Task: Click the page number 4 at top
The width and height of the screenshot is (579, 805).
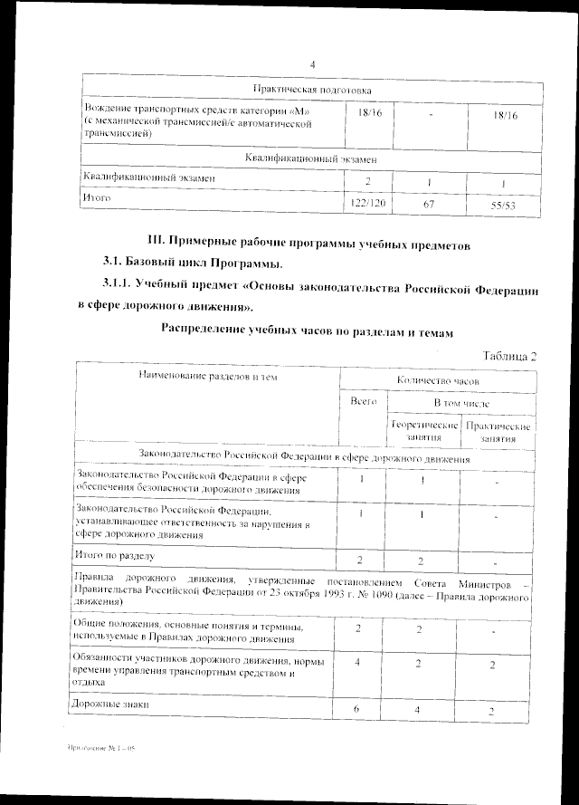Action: pyautogui.click(x=311, y=63)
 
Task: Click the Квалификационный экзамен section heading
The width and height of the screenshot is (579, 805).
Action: pyautogui.click(x=311, y=158)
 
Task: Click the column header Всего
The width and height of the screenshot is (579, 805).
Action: pyautogui.click(x=364, y=400)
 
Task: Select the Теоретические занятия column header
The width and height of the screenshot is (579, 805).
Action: pyautogui.click(x=423, y=430)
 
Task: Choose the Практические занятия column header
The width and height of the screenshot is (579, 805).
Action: pyautogui.click(x=498, y=431)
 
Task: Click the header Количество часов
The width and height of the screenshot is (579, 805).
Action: pyautogui.click(x=438, y=382)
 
